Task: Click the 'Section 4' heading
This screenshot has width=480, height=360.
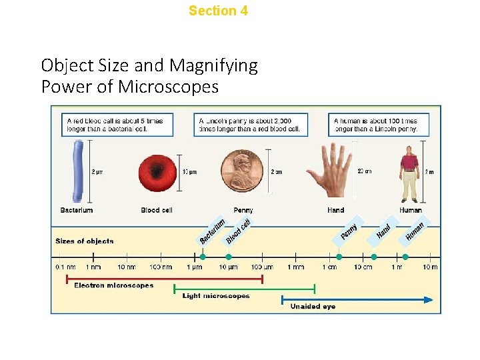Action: [x=218, y=11]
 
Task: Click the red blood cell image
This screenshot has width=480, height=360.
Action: [x=157, y=173]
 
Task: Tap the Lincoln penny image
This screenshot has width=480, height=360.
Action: [x=243, y=173]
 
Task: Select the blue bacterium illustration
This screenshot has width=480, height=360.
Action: [x=78, y=171]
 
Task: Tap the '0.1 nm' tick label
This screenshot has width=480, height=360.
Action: [x=65, y=267]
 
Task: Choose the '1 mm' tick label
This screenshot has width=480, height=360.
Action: [x=295, y=267]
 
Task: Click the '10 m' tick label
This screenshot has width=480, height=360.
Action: [x=430, y=267]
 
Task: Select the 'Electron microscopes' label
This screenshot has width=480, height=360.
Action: [x=113, y=285]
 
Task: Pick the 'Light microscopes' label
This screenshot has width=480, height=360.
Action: [x=216, y=296]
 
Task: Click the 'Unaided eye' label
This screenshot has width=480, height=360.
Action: [x=313, y=307]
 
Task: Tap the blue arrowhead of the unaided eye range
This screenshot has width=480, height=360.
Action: [x=428, y=299]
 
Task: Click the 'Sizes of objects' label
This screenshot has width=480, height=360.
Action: [x=85, y=241]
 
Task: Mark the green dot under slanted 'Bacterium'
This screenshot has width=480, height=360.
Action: [x=203, y=257]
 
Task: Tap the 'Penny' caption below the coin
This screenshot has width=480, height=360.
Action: [x=243, y=210]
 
